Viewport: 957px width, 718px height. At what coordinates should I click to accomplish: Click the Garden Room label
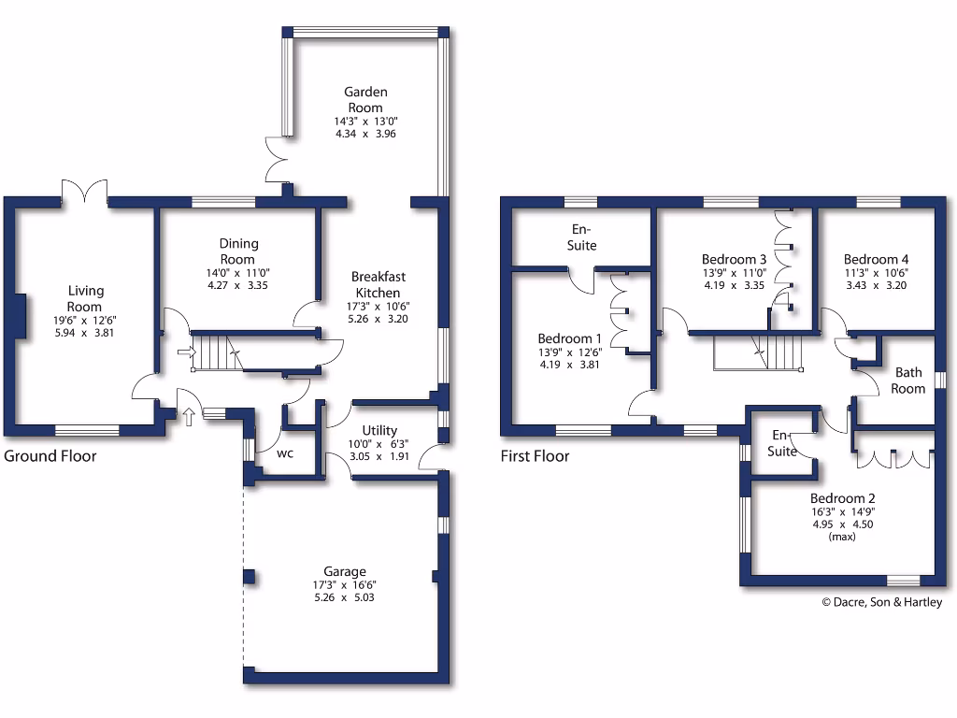[x=365, y=100]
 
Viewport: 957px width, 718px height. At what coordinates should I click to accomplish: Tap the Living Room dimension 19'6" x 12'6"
[x=84, y=320]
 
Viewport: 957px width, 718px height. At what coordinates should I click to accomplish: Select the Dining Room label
[x=238, y=251]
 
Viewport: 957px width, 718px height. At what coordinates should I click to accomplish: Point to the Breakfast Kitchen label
[x=379, y=284]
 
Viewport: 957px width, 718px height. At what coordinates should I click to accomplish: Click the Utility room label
[x=379, y=431]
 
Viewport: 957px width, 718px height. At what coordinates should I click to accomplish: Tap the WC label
[x=285, y=453]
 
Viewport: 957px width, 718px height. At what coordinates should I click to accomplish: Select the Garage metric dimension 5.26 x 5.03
[x=345, y=597]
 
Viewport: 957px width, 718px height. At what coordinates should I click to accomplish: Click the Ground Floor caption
[x=50, y=456]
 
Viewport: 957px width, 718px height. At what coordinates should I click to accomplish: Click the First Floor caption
[x=535, y=456]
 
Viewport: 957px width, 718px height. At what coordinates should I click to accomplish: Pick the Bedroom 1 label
[x=570, y=338]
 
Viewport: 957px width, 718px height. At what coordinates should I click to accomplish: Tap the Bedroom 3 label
[x=734, y=259]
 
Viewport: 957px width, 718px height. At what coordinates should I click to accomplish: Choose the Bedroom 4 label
[x=876, y=259]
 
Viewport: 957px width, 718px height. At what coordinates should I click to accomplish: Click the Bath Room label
[x=908, y=381]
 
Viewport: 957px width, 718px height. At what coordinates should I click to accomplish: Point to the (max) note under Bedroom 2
[x=842, y=538]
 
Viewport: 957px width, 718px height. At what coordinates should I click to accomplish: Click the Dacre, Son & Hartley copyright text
[x=881, y=602]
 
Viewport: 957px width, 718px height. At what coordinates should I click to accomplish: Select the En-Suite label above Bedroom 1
[x=584, y=237]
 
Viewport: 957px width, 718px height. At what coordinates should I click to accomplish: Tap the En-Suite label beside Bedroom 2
[x=782, y=444]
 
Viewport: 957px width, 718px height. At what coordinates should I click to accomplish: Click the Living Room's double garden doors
[x=84, y=192]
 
